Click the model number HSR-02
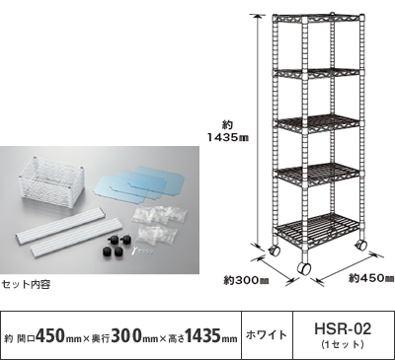[343, 329]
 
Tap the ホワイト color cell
[267, 335]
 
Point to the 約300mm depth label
[246, 281]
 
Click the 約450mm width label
[371, 279]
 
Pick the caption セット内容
[27, 284]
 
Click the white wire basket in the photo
[51, 180]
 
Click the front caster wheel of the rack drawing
[304, 268]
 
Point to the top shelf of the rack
[319, 19]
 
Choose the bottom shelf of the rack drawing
[319, 227]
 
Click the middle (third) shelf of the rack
[319, 123]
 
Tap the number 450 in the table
[49, 335]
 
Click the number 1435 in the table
[203, 335]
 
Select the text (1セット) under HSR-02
[343, 344]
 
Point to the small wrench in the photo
[134, 252]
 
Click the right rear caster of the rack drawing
[361, 245]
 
